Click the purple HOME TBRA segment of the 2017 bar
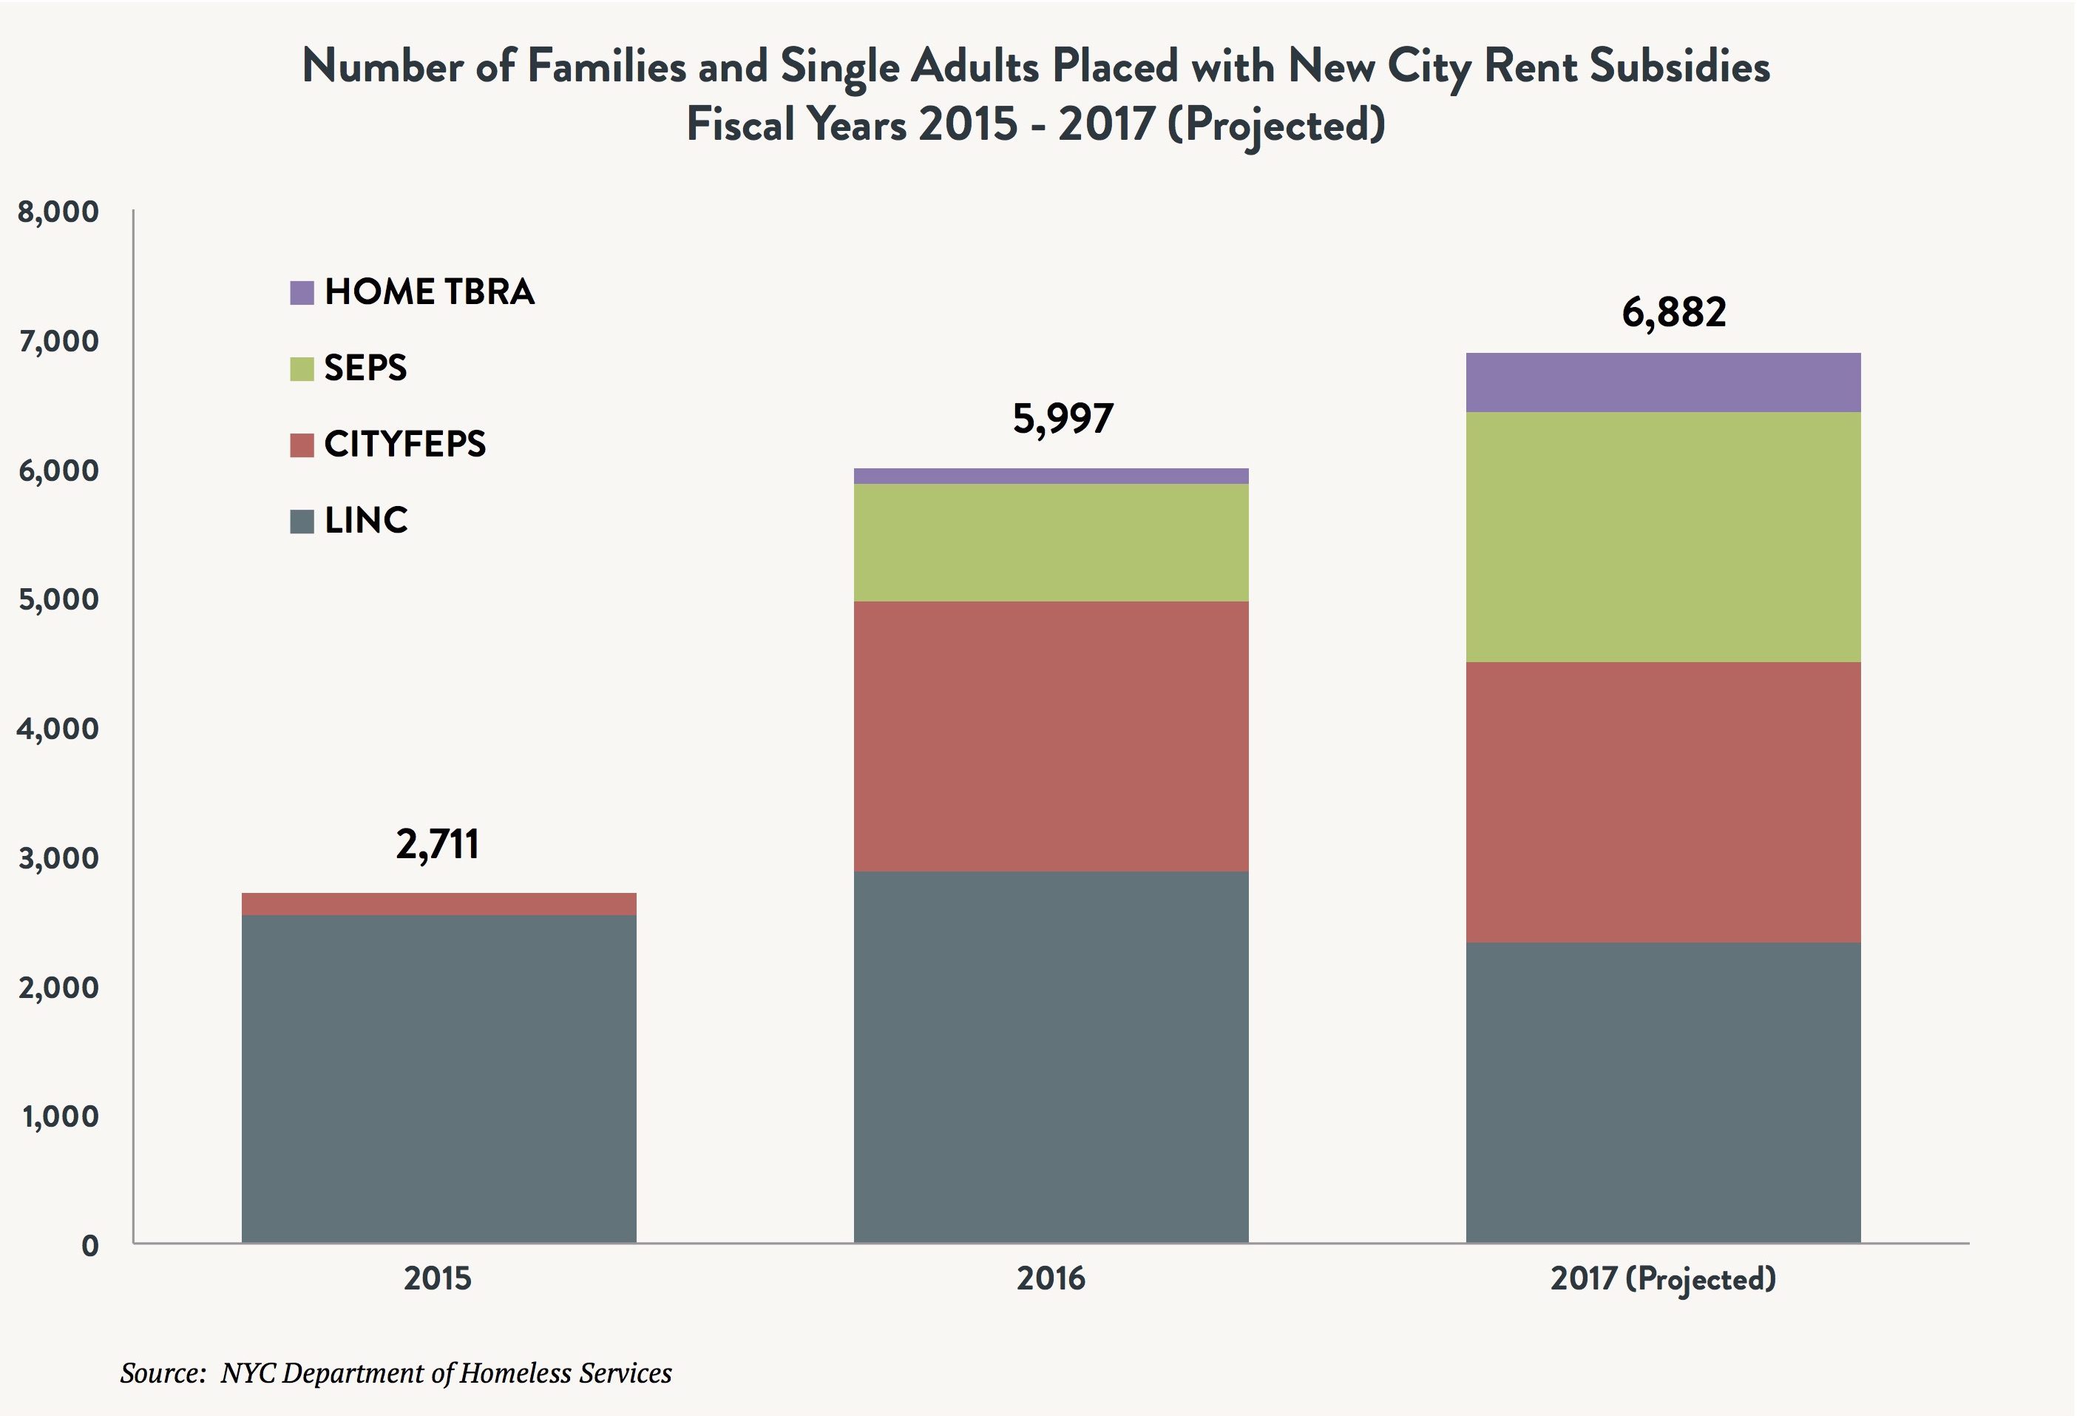[x=1662, y=382]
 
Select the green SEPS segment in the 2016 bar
[x=1051, y=542]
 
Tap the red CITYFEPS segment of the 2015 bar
[x=438, y=904]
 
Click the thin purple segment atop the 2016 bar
[x=1051, y=476]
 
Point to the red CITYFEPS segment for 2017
[x=1662, y=802]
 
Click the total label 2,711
[x=438, y=844]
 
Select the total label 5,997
[x=1063, y=419]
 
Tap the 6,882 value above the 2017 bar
[x=1674, y=312]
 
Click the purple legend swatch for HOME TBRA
[x=302, y=293]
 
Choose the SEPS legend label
[x=365, y=368]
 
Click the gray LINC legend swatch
[x=302, y=521]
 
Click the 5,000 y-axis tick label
[x=59, y=599]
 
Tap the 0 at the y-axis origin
[x=89, y=1245]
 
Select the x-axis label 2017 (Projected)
[x=1662, y=1279]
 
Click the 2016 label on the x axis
[x=1051, y=1278]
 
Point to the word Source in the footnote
[x=163, y=1373]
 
